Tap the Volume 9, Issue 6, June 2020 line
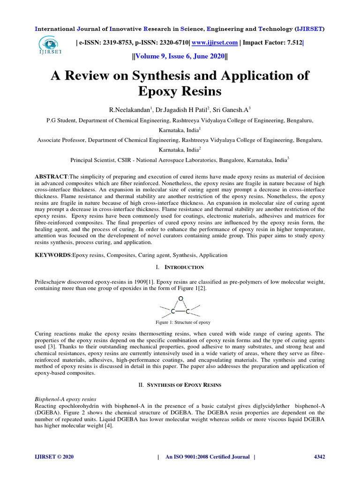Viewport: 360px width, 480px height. (180, 57)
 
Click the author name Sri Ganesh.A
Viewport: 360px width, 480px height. (232, 110)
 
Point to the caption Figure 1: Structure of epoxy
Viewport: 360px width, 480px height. (183, 322)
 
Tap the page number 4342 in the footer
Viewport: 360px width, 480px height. (319, 457)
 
